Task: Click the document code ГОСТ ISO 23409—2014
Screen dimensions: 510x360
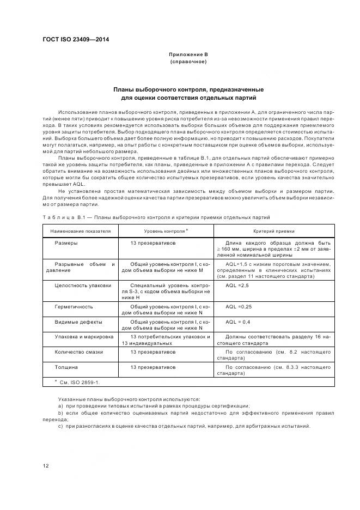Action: point(76,39)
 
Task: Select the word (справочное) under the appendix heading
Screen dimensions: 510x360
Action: point(188,62)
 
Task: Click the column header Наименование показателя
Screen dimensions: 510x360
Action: point(81,231)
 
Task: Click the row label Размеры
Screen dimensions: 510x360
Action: point(66,242)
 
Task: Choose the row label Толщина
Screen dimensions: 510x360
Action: point(66,367)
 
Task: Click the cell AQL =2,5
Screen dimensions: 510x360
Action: point(237,285)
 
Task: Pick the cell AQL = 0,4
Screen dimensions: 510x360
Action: point(238,321)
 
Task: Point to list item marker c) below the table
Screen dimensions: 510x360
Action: point(60,426)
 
